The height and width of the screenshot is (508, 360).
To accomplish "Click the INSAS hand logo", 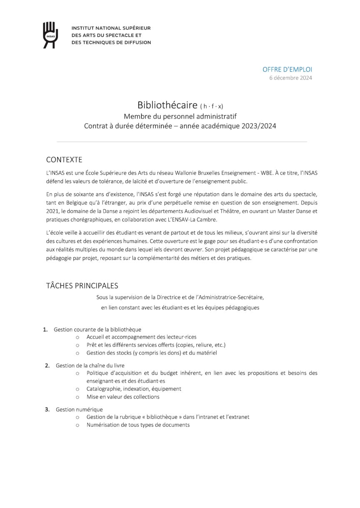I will click(51, 35).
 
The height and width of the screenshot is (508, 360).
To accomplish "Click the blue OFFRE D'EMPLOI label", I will click(287, 70).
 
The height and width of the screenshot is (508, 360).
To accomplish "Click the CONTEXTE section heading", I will click(64, 160).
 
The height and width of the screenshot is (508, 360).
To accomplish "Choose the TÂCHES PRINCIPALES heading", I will click(82, 286).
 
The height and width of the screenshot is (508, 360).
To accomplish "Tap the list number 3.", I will click(47, 409).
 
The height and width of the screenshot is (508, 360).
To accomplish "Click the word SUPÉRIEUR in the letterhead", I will click(135, 28).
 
